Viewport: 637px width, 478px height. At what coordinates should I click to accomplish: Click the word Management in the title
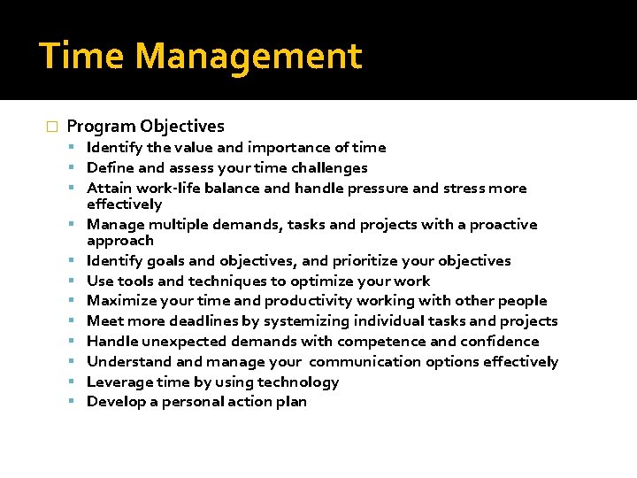pyautogui.click(x=249, y=57)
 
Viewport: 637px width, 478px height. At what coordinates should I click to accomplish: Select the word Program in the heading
pyautogui.click(x=100, y=127)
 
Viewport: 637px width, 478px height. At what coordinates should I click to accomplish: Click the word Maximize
pyautogui.click(x=120, y=301)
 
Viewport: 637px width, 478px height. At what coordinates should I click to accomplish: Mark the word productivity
pyautogui.click(x=310, y=301)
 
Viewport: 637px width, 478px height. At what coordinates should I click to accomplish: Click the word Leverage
pyautogui.click(x=118, y=382)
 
